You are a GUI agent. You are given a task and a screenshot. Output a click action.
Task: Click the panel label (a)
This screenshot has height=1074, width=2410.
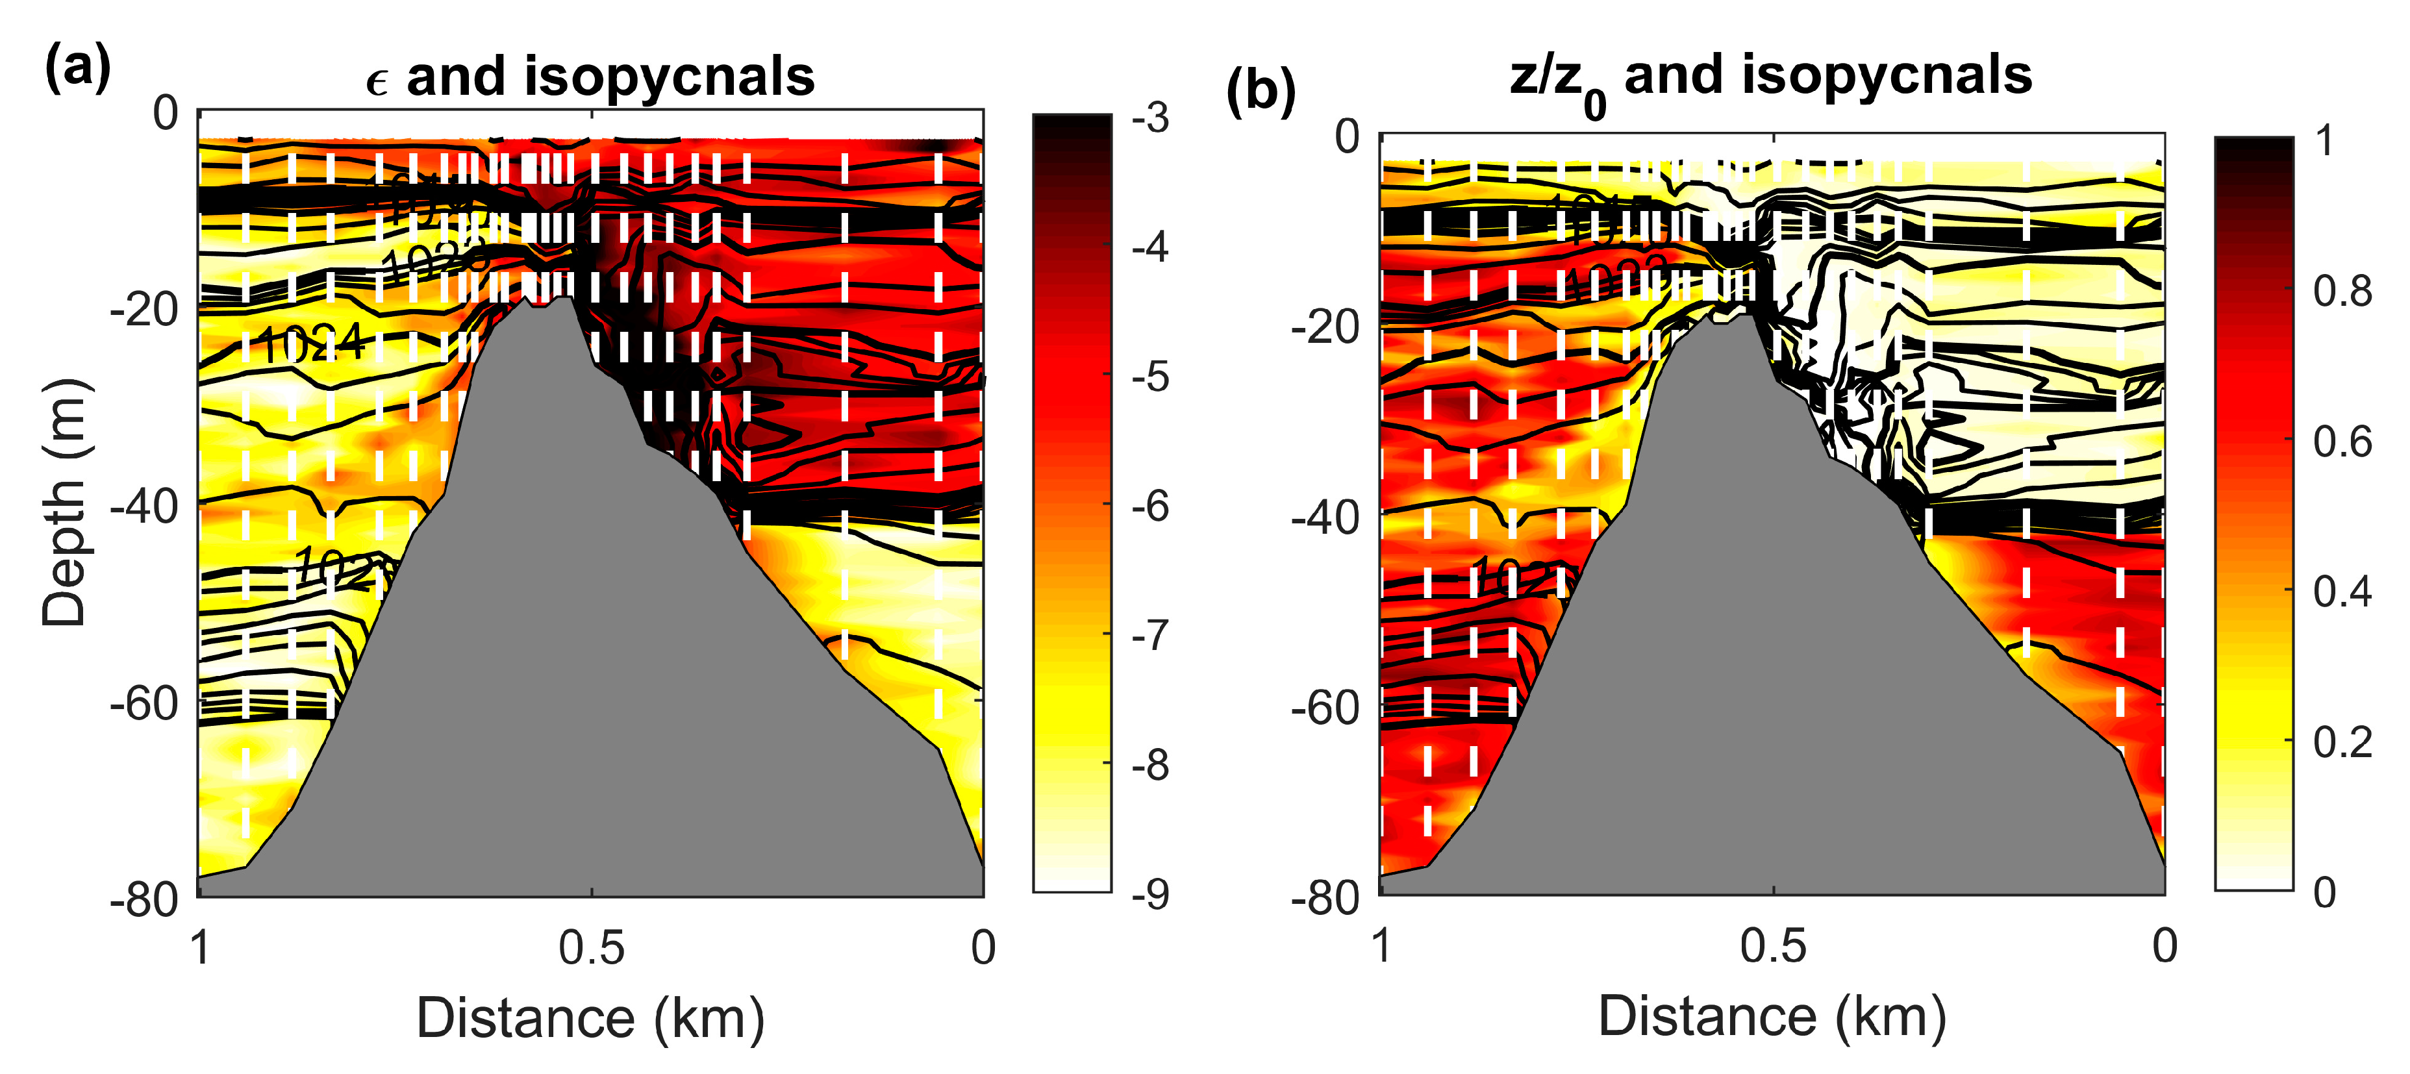click(x=78, y=68)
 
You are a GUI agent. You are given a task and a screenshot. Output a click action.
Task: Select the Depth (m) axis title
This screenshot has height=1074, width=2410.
click(x=64, y=503)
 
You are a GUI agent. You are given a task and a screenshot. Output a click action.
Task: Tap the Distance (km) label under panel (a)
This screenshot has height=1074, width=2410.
click(x=590, y=1018)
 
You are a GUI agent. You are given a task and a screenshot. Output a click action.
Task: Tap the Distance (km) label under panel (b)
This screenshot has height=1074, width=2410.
click(x=1772, y=1016)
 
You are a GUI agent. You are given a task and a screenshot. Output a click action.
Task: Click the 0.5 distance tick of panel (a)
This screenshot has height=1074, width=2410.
click(x=590, y=947)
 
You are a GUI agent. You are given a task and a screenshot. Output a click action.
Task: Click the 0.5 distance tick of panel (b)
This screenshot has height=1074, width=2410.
click(x=1772, y=946)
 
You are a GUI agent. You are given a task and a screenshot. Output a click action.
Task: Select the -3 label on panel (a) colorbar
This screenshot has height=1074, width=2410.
click(x=1150, y=118)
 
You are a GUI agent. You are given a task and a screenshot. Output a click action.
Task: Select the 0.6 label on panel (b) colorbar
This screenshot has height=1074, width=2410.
click(x=2342, y=442)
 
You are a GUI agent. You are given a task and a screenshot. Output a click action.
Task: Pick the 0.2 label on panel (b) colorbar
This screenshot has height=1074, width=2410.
click(x=2342, y=742)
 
